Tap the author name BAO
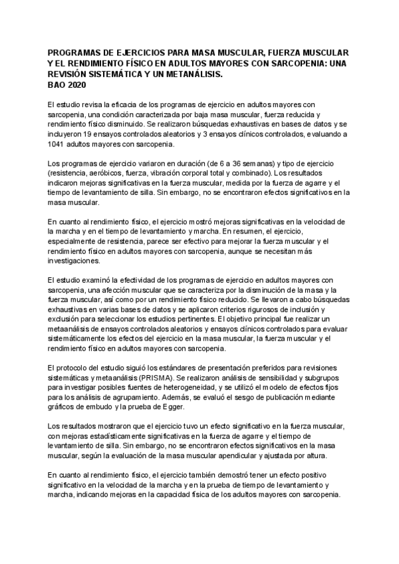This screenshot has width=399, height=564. [57, 85]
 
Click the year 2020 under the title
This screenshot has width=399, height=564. [78, 85]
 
